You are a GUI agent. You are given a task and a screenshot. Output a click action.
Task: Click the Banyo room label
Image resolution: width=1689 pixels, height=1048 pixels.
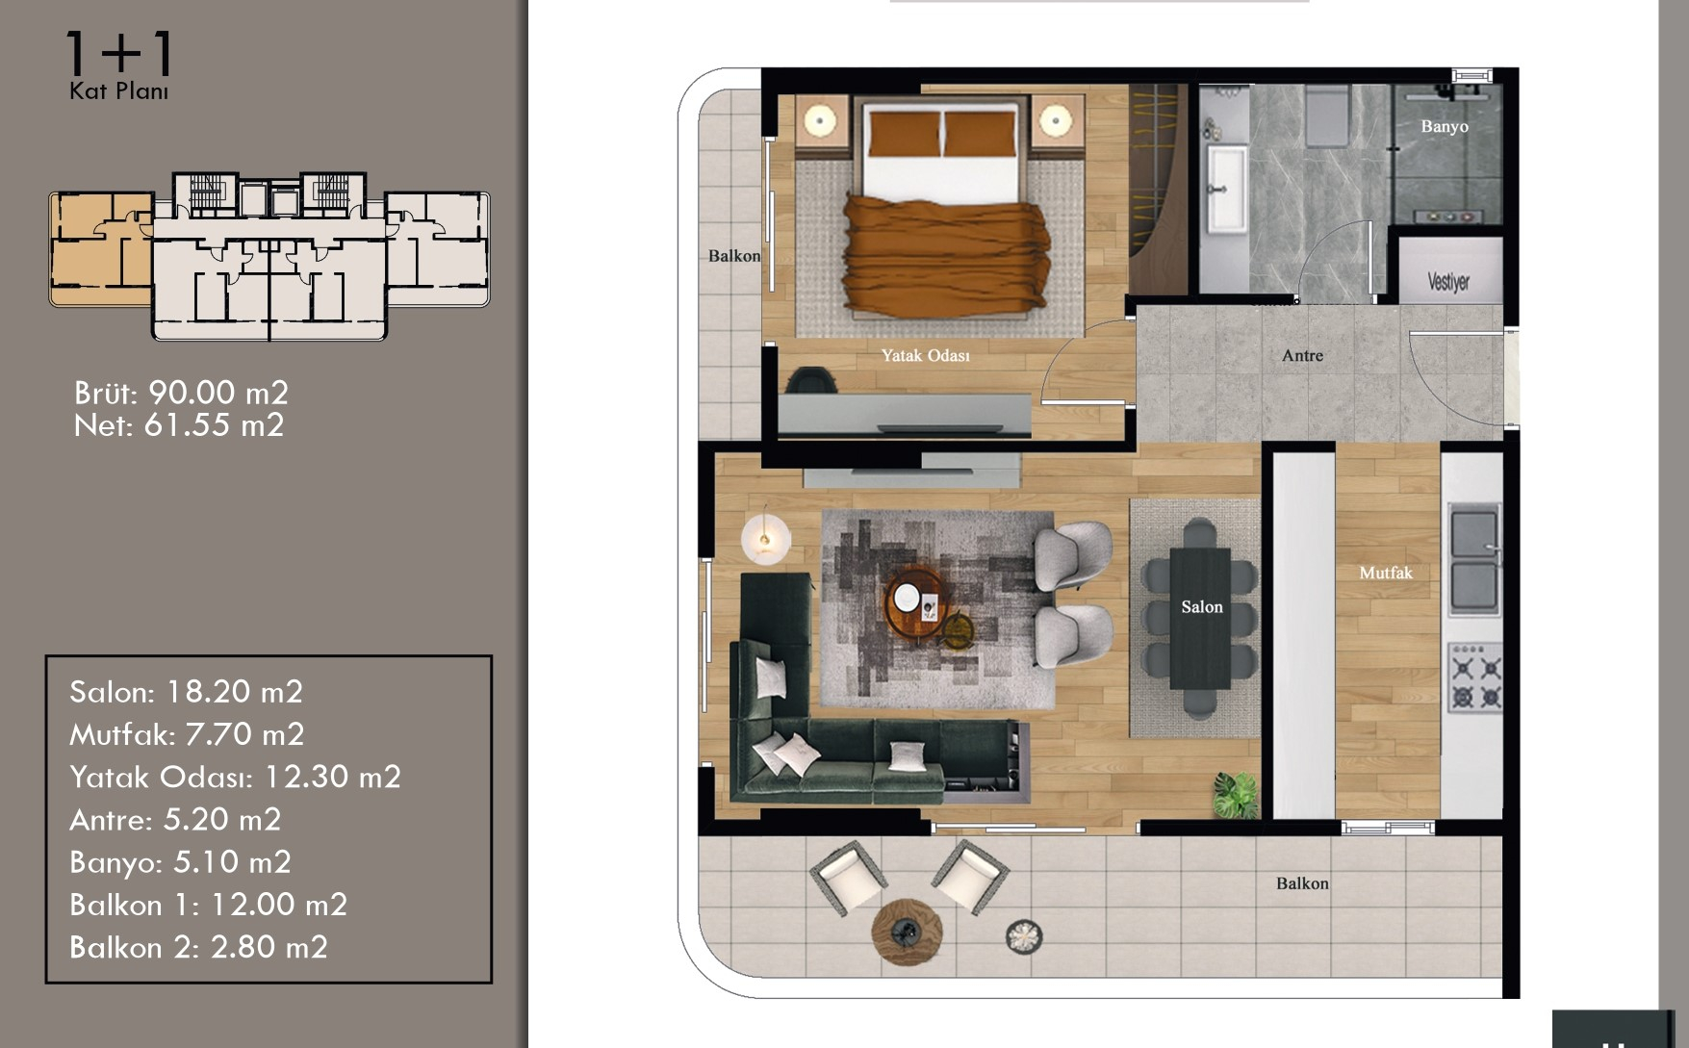pos(1445,126)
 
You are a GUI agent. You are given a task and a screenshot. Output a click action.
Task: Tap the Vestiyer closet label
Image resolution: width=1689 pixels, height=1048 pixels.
pos(1448,282)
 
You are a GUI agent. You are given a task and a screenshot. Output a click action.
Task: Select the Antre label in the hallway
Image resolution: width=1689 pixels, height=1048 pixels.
pos(1302,355)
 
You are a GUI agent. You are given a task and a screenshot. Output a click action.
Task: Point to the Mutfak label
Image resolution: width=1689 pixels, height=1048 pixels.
pos(1386,573)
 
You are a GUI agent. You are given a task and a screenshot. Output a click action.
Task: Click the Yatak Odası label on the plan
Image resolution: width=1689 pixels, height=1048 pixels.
pos(926,355)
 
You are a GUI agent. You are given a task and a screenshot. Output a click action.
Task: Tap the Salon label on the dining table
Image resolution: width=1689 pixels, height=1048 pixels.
pos(1202,607)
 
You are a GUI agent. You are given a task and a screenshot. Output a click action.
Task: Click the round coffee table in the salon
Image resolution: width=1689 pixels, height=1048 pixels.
pos(915,602)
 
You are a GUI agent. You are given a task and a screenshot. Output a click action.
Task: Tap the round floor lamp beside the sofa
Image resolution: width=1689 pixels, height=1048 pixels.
pos(765,538)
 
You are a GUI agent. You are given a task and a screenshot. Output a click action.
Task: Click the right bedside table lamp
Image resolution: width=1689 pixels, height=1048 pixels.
pos(1056,122)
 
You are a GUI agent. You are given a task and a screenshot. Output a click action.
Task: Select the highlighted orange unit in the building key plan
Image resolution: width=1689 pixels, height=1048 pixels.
pos(101,248)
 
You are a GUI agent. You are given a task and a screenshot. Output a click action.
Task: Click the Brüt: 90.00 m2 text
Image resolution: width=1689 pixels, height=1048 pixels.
pos(181,393)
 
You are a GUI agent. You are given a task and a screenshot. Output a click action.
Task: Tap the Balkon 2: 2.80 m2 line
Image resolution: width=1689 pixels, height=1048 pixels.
pos(198,947)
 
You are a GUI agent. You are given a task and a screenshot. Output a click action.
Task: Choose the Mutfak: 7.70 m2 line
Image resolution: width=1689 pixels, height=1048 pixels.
pos(187,734)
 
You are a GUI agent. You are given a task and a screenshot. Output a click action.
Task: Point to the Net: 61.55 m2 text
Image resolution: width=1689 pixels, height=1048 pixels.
pos(179,425)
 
